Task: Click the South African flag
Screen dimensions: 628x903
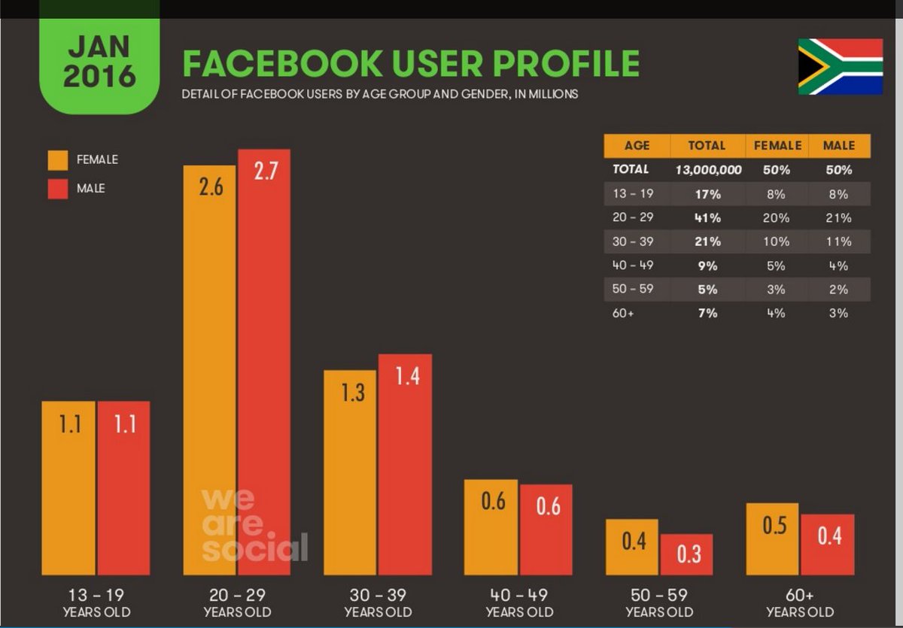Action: (x=840, y=67)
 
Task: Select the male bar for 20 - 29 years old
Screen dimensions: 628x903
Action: (x=264, y=361)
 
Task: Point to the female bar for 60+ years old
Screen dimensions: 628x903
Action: (x=772, y=539)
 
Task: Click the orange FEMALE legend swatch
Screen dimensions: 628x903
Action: (x=59, y=160)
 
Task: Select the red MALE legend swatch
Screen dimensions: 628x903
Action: (x=59, y=188)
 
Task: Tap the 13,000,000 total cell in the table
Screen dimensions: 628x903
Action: (x=707, y=170)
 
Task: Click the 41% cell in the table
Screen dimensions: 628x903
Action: (x=707, y=218)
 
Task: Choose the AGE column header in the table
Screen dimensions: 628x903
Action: (x=637, y=146)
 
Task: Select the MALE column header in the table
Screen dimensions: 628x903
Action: (x=839, y=146)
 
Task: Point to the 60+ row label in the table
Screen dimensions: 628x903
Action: (x=623, y=314)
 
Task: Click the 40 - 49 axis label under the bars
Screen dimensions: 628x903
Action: (x=518, y=595)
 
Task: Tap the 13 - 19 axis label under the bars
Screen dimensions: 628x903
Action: (x=96, y=595)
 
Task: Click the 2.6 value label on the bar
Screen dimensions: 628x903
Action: (x=211, y=187)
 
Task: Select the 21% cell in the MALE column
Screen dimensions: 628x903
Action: (x=839, y=218)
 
